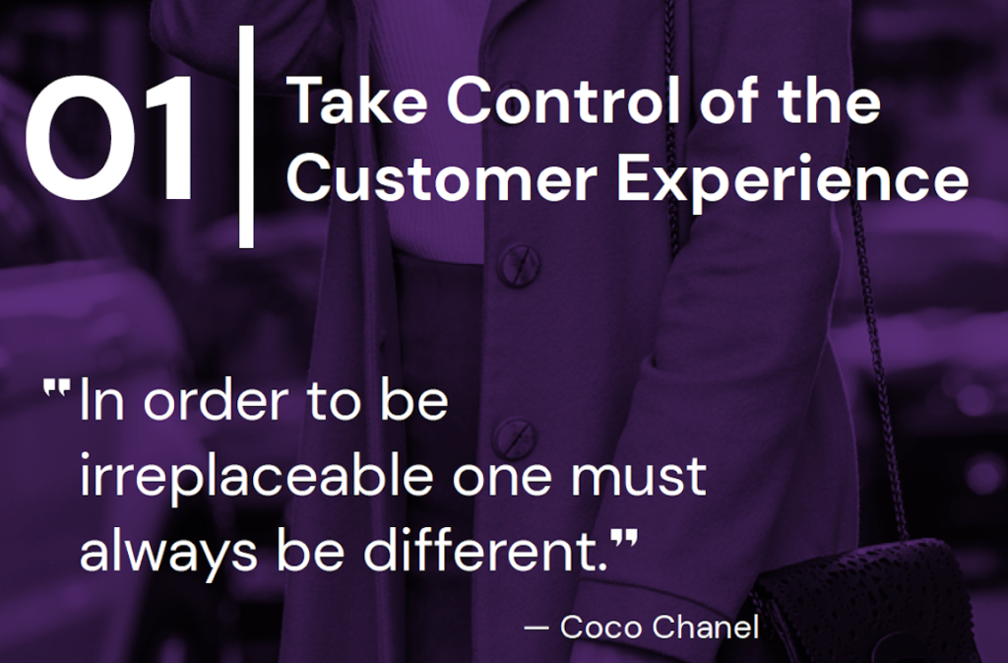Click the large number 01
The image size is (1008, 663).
click(x=110, y=138)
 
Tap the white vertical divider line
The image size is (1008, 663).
click(x=246, y=136)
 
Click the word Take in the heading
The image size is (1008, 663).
click(x=356, y=100)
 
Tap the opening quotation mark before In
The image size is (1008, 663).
click(x=56, y=387)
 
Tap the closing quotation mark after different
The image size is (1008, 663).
click(x=623, y=540)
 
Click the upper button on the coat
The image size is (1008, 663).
click(x=519, y=263)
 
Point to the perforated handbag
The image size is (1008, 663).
click(x=862, y=601)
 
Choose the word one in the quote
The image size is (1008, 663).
click(x=501, y=479)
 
